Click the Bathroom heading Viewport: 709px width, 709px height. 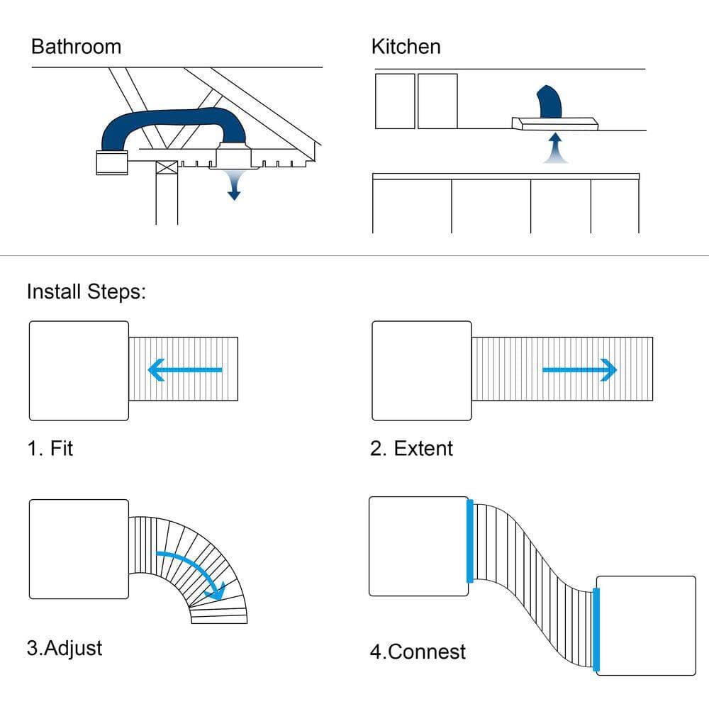pos(77,47)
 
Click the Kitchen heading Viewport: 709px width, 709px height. pos(406,47)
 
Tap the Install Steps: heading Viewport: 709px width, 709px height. pos(86,292)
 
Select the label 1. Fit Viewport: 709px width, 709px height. pos(50,449)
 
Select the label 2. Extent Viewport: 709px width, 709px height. pos(411,449)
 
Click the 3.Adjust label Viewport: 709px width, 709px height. pos(65,649)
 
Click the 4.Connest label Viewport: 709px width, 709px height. pos(418,652)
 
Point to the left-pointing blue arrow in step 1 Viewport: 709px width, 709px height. pos(185,370)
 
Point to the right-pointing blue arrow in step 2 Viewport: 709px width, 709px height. pos(580,370)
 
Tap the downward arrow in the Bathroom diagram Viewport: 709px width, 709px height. pos(234,185)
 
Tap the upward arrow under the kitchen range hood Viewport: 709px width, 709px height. pos(556,148)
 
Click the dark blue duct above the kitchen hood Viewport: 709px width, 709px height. pos(549,101)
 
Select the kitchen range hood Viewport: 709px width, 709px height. pos(555,123)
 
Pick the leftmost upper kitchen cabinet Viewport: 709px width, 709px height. pos(395,101)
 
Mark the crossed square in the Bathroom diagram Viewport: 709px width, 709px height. pos(167,167)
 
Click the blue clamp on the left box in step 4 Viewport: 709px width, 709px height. pos(470,541)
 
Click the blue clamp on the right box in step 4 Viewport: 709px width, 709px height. pos(596,629)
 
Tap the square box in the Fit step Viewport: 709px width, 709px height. pos(79,371)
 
